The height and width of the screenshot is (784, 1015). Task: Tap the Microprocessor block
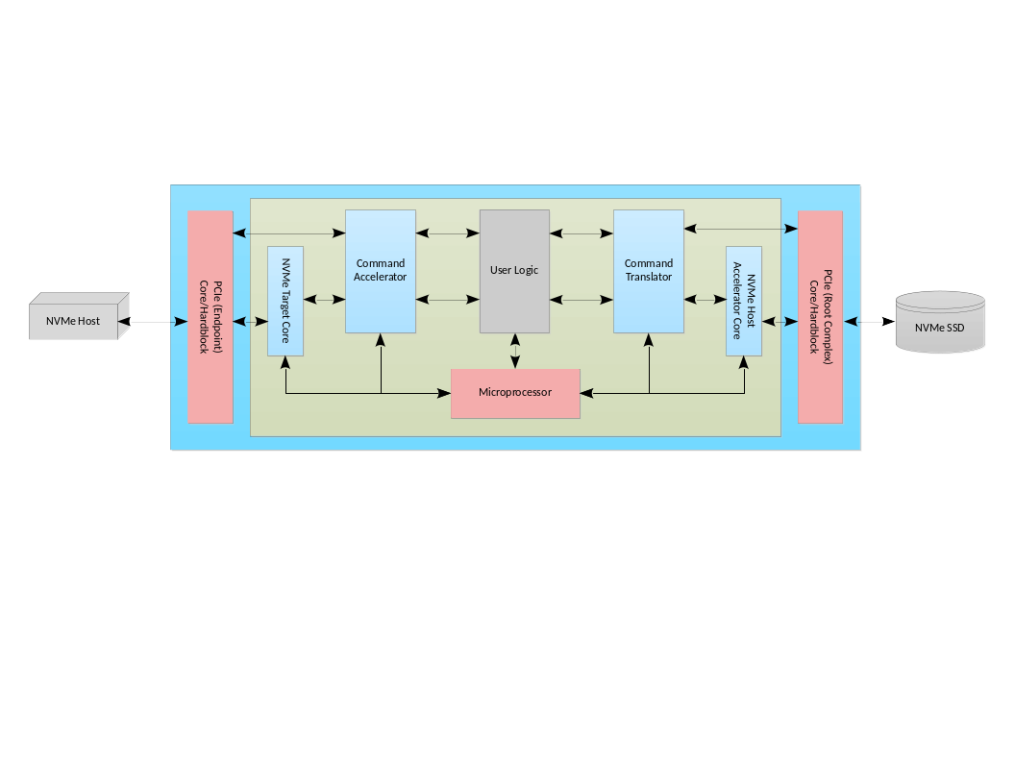pyautogui.click(x=515, y=393)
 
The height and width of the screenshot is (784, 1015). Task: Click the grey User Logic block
pyautogui.click(x=514, y=271)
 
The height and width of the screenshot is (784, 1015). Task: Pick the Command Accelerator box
pyautogui.click(x=380, y=271)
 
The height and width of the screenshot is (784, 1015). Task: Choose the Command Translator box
pyautogui.click(x=649, y=271)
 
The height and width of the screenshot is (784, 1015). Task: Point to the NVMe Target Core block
pyautogui.click(x=285, y=301)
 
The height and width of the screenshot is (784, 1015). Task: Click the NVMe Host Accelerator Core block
pyautogui.click(x=744, y=301)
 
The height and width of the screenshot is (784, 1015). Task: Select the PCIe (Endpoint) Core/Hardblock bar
pyautogui.click(x=210, y=317)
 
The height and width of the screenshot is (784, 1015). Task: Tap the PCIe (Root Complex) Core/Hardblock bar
pyautogui.click(x=820, y=317)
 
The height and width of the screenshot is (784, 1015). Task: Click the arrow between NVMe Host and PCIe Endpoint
pyautogui.click(x=154, y=323)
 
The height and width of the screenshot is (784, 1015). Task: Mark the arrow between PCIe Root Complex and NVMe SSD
pyautogui.click(x=869, y=323)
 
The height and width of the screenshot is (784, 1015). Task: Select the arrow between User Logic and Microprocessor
pyautogui.click(x=515, y=352)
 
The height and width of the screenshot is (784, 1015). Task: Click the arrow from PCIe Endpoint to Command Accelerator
pyautogui.click(x=289, y=233)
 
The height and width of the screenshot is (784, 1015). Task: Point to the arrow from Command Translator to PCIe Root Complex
pyautogui.click(x=740, y=229)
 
